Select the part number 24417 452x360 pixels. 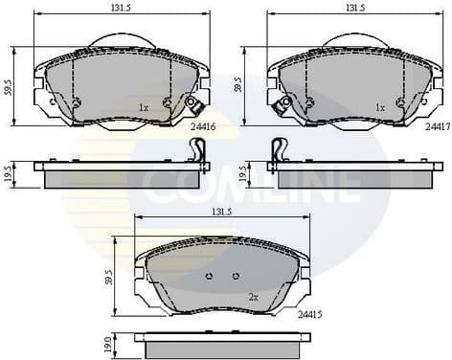438,124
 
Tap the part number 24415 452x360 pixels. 308,313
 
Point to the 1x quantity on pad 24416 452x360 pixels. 143,106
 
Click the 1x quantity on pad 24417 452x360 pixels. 380,106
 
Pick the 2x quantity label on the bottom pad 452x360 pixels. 254,297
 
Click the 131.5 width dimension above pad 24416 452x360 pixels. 121,7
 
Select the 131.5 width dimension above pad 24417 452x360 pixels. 355,7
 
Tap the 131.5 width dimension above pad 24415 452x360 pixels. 222,213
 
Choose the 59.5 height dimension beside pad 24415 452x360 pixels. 110,277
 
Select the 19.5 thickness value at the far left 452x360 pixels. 8,173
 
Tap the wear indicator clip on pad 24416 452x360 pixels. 196,106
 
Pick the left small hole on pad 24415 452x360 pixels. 210,276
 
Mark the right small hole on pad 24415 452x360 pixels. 236,276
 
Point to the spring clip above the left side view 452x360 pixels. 198,148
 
